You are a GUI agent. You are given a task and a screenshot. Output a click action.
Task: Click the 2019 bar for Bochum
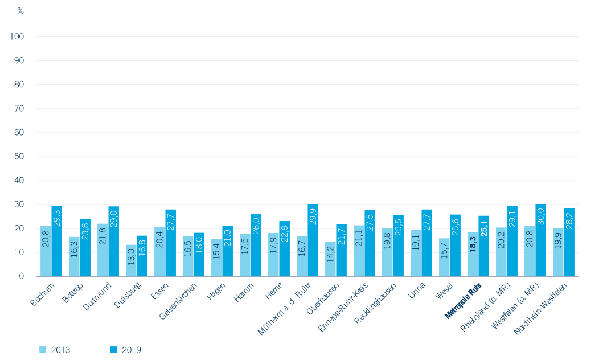[57, 241]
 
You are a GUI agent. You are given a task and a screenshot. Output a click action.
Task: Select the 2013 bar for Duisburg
[131, 260]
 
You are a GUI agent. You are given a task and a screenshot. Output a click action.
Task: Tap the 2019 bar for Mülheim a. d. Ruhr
[313, 240]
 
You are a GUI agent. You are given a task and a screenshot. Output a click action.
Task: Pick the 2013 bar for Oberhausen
[330, 259]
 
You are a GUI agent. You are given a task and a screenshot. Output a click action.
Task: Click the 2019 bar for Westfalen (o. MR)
[541, 240]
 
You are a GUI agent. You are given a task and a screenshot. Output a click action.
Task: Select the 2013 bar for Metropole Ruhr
[473, 254]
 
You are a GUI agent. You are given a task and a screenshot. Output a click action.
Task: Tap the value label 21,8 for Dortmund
[102, 236]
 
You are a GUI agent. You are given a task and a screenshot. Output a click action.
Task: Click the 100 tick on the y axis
[17, 36]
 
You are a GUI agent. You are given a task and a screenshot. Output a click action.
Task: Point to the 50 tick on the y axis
[19, 157]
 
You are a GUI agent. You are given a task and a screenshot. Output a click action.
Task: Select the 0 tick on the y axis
[22, 276]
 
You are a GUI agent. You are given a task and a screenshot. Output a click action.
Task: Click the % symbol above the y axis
[20, 11]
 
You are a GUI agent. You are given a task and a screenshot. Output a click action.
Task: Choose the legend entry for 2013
[55, 350]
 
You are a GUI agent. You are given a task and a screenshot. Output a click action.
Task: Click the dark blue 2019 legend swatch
[114, 350]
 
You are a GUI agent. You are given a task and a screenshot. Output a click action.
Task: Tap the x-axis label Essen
[160, 292]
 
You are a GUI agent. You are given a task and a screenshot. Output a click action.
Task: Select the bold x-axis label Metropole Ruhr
[463, 301]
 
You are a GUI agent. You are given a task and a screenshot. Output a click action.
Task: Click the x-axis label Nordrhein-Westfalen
[540, 309]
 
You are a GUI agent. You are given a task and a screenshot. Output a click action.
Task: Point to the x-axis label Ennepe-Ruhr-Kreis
[343, 308]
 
